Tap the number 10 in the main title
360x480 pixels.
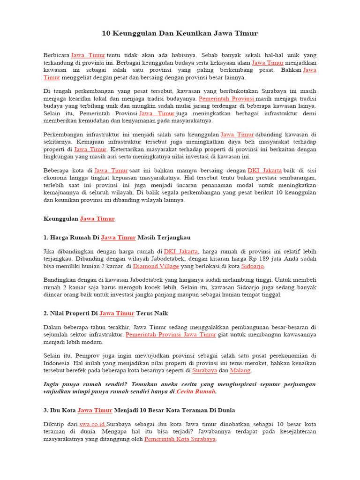click(x=106, y=34)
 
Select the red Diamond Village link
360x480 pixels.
click(x=156, y=266)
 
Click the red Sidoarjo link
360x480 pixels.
click(x=253, y=266)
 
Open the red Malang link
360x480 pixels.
click(x=240, y=370)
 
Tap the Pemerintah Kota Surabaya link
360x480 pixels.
click(x=180, y=439)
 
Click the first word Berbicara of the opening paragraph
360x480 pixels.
click(x=56, y=55)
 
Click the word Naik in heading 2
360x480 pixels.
click(x=160, y=313)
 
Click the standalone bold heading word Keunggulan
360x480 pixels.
click(x=61, y=219)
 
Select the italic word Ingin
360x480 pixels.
click(x=52, y=384)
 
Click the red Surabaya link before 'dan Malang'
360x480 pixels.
click(x=205, y=370)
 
